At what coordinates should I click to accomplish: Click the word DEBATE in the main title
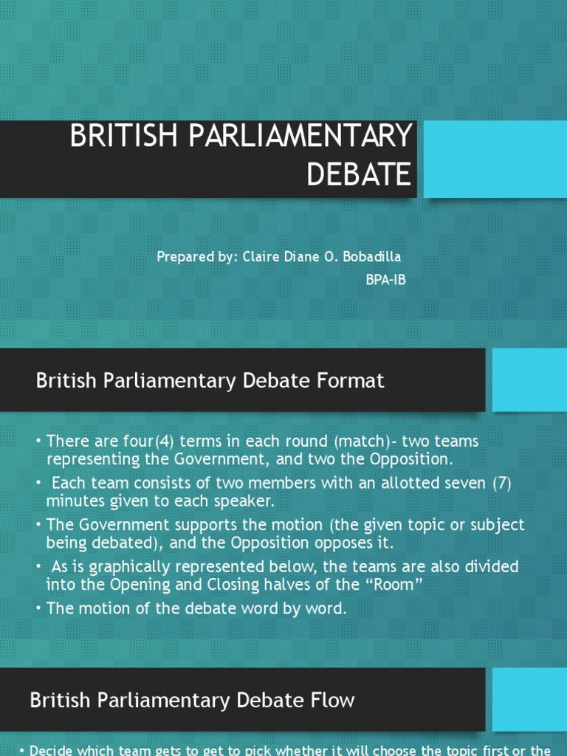(359, 174)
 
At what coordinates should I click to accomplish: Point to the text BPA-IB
(385, 280)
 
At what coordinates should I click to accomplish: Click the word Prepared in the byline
(181, 257)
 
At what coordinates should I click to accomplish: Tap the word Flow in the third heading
(331, 700)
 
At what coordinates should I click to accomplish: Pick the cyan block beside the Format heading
(529, 379)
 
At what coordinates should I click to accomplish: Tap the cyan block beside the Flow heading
(529, 699)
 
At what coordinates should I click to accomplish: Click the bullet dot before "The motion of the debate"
(39, 608)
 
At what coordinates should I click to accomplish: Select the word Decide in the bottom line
(52, 751)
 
